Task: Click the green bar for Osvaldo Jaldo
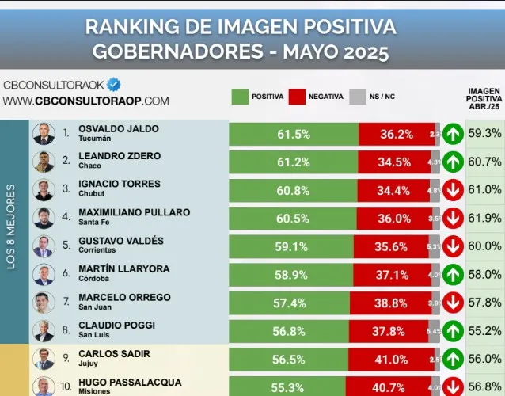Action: click(294, 134)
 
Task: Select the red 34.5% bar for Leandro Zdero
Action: click(395, 162)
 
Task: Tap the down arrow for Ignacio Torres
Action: click(453, 190)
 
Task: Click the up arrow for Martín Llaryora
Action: click(453, 274)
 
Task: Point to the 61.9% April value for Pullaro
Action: click(484, 218)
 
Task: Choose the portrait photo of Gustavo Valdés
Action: click(43, 246)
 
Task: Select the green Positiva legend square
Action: click(240, 97)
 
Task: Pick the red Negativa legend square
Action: click(297, 97)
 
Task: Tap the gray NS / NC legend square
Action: click(358, 97)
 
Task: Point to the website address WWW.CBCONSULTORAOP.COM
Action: click(85, 101)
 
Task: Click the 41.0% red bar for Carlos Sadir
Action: click(395, 358)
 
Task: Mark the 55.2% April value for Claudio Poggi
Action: click(484, 330)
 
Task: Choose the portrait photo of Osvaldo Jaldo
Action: click(43, 134)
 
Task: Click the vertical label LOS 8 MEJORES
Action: click(11, 227)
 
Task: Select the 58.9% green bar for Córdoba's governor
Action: click(294, 274)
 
